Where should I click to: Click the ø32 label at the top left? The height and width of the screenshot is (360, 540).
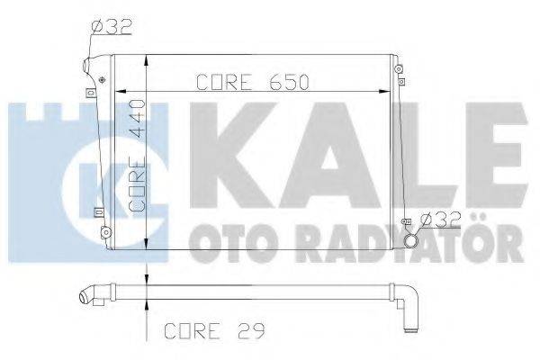pos(112,27)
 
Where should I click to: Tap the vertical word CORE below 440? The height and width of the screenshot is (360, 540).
pos(139,185)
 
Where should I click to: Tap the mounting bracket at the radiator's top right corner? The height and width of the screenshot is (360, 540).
pos(396,69)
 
